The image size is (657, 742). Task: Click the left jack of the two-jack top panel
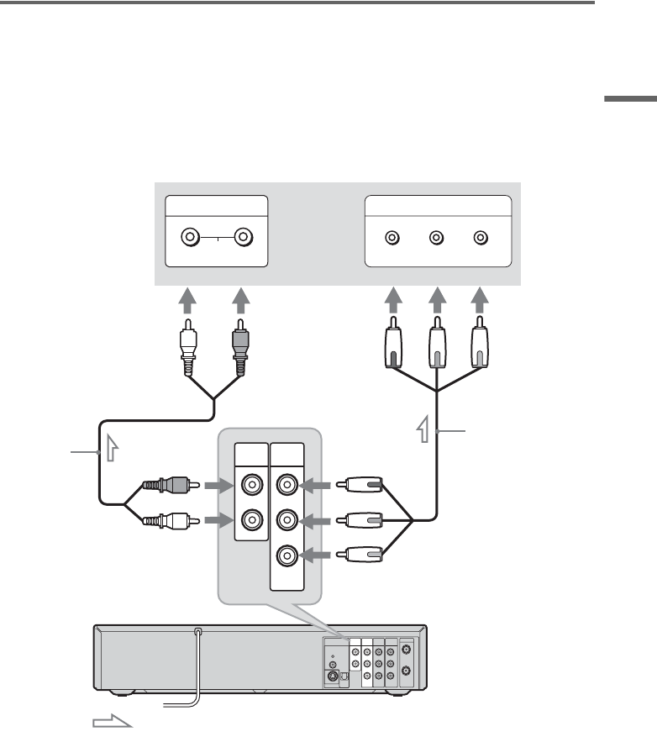(191, 238)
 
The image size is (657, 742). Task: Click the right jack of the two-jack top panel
(243, 238)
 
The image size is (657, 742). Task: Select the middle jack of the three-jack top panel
(436, 238)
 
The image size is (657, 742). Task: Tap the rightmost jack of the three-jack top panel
(481, 238)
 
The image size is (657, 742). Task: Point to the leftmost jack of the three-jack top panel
(392, 238)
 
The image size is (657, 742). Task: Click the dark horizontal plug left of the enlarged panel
(169, 485)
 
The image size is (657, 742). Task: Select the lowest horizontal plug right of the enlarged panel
(360, 555)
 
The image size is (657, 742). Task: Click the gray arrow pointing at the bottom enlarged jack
(318, 555)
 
